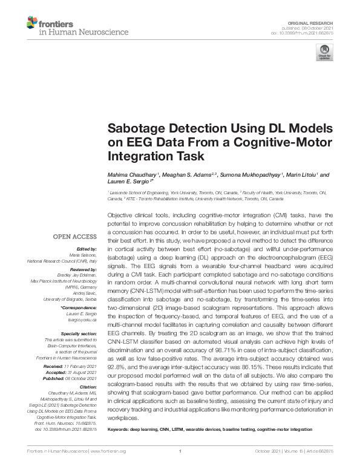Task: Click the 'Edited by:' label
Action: point(87,249)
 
